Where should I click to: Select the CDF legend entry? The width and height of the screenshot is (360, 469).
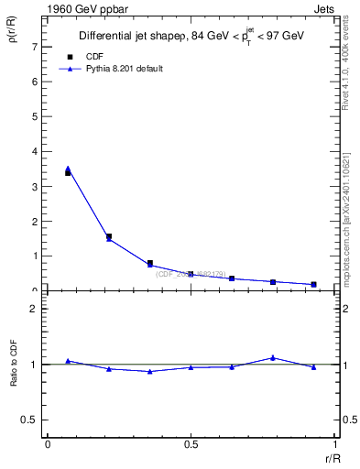pos(94,57)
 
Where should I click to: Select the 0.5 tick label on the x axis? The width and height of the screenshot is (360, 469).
pos(191,443)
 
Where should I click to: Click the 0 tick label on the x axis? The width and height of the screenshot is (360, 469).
pos(48,443)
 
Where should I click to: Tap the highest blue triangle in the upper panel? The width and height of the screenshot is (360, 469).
pos(68,169)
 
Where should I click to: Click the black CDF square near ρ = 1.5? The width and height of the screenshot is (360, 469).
pos(109,236)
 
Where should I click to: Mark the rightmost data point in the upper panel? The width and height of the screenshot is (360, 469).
pos(313,284)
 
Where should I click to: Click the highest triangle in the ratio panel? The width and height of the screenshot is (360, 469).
pos(273,357)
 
